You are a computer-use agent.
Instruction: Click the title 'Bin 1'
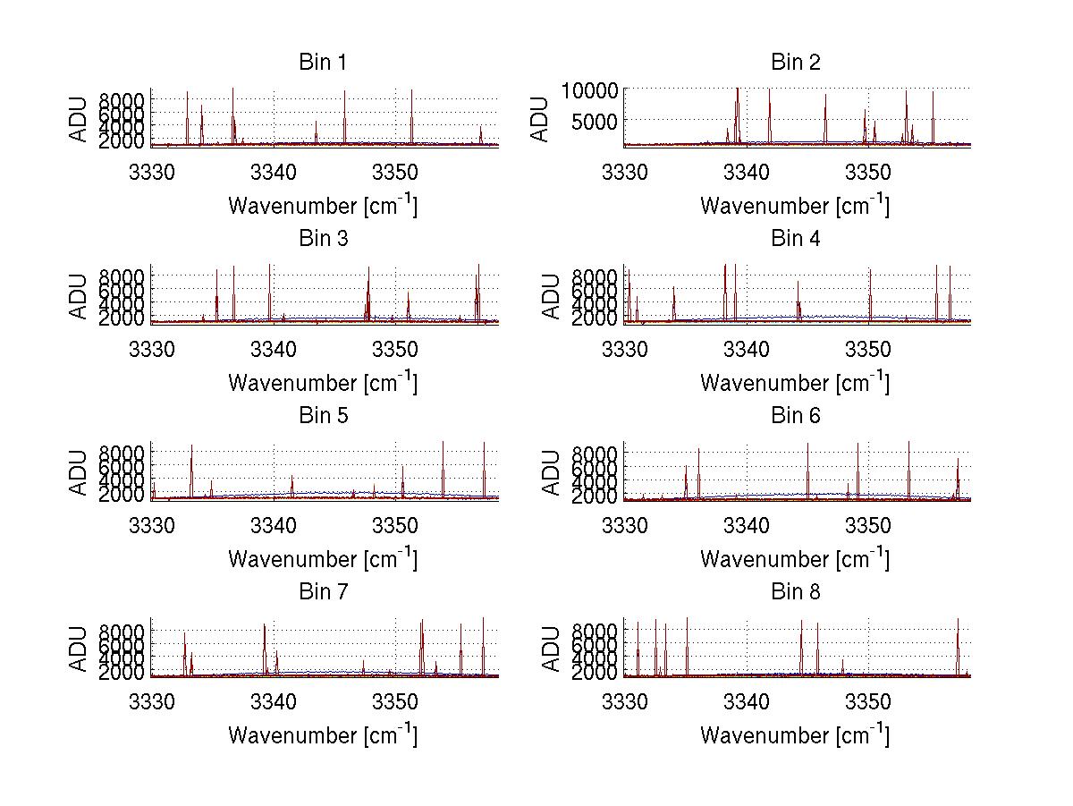(x=323, y=63)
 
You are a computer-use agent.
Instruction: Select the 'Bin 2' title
(x=795, y=63)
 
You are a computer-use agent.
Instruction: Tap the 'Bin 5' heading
(x=323, y=416)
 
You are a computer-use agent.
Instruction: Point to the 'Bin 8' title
(x=795, y=592)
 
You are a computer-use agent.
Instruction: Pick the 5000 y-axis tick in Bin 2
(x=593, y=119)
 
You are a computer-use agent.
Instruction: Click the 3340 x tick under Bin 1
(x=274, y=172)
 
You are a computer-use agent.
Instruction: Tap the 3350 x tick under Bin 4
(x=868, y=349)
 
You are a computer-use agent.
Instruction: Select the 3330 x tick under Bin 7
(x=152, y=702)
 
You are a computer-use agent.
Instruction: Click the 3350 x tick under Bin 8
(x=868, y=702)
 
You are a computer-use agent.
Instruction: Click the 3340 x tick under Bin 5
(x=274, y=525)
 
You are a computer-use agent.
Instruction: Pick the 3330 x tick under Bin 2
(x=624, y=172)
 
